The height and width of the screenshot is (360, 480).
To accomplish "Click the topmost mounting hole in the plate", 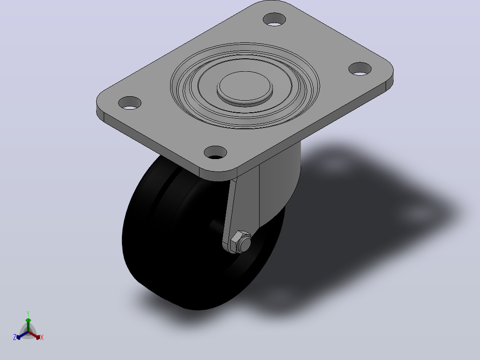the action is pos(274,19).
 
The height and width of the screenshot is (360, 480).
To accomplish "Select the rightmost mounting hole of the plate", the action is pos(360,69).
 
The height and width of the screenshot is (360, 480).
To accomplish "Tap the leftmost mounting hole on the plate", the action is pos(130,103).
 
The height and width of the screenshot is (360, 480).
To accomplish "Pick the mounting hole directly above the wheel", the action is pos(215,152).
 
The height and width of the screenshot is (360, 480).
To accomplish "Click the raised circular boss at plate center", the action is pos(245,87).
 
